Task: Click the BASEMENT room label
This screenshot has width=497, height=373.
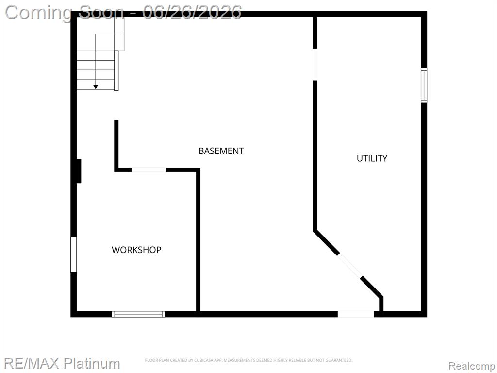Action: (221, 151)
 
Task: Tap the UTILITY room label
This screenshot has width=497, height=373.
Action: (372, 158)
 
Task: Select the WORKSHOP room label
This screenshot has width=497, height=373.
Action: (136, 250)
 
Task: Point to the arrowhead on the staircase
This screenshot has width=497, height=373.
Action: (96, 87)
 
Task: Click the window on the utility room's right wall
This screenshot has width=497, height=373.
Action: (424, 85)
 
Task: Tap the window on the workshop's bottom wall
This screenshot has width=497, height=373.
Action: (138, 314)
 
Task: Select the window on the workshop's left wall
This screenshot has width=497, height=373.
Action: (74, 254)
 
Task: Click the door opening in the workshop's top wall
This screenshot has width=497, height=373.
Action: (149, 170)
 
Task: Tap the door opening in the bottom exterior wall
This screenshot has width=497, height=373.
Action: (356, 314)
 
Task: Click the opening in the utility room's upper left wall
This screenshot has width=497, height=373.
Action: (315, 65)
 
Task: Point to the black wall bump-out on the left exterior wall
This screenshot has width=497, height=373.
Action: (79, 171)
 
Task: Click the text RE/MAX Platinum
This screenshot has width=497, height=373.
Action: (62, 363)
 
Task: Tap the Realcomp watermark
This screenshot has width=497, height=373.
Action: (472, 366)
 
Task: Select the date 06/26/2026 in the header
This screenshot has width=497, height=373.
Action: (192, 12)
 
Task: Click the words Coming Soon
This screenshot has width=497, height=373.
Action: (65, 13)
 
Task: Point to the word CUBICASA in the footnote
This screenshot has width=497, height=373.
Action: (203, 360)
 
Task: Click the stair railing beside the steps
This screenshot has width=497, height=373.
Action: (116, 70)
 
